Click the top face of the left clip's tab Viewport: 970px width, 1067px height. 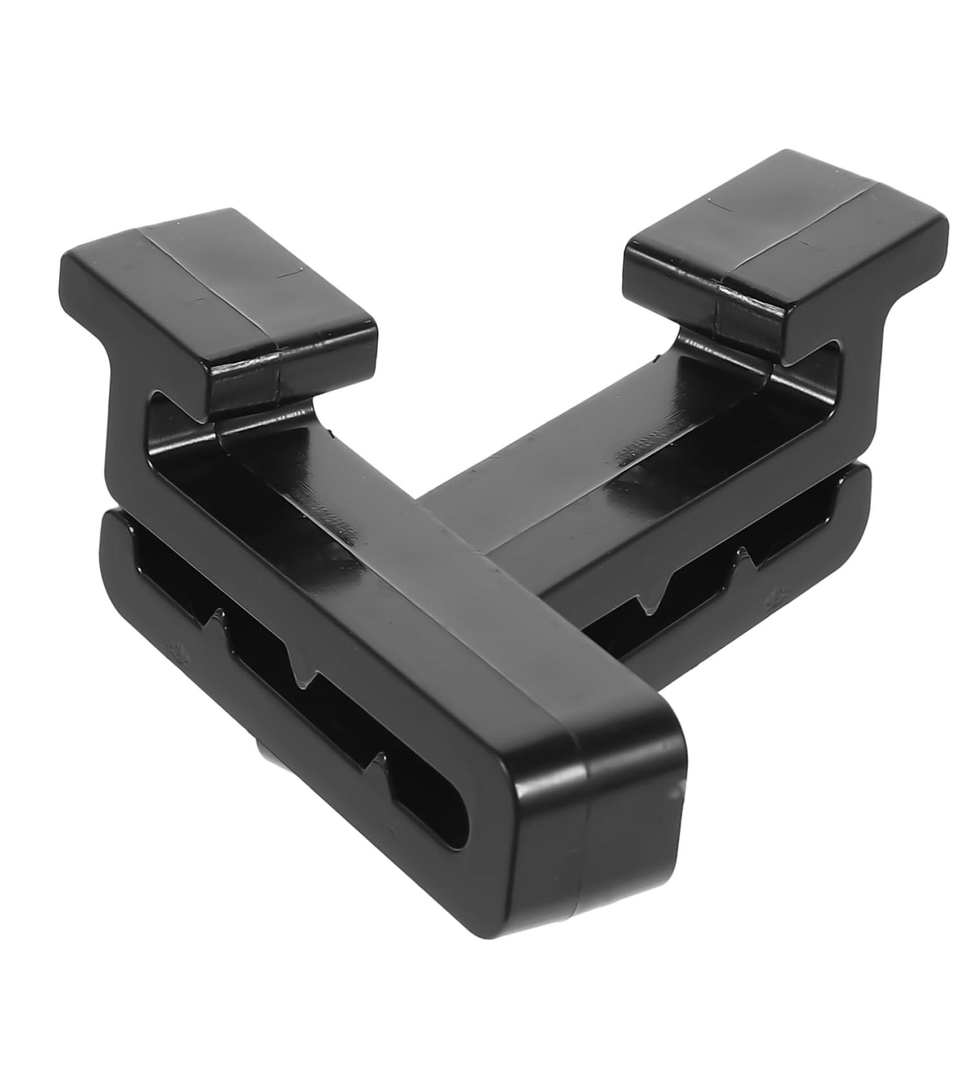tap(213, 285)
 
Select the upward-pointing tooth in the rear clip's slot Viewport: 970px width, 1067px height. tap(744, 556)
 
